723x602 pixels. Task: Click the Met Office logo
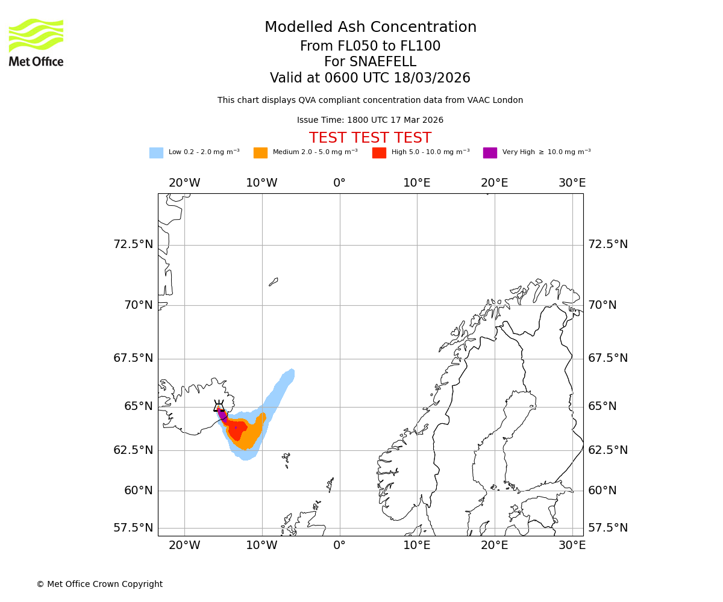tap(36, 42)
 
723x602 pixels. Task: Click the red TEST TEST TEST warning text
tap(370, 138)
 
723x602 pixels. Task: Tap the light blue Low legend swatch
tap(156, 153)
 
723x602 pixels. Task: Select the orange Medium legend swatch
tap(260, 153)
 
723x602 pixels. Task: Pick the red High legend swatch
tap(379, 153)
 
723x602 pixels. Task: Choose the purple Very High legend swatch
tap(490, 153)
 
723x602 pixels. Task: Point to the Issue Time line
tap(370, 120)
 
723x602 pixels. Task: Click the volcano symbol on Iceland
tap(219, 406)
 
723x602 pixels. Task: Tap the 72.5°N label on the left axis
tap(133, 244)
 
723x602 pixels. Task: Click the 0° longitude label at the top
tap(339, 183)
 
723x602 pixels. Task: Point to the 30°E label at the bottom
tap(572, 545)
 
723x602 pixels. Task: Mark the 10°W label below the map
tap(261, 545)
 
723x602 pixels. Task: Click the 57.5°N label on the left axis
tap(133, 528)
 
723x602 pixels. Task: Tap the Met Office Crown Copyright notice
tap(99, 584)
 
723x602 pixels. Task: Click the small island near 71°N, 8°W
tap(274, 281)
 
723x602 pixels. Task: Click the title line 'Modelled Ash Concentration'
tap(370, 28)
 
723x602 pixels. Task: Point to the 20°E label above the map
tap(495, 183)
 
